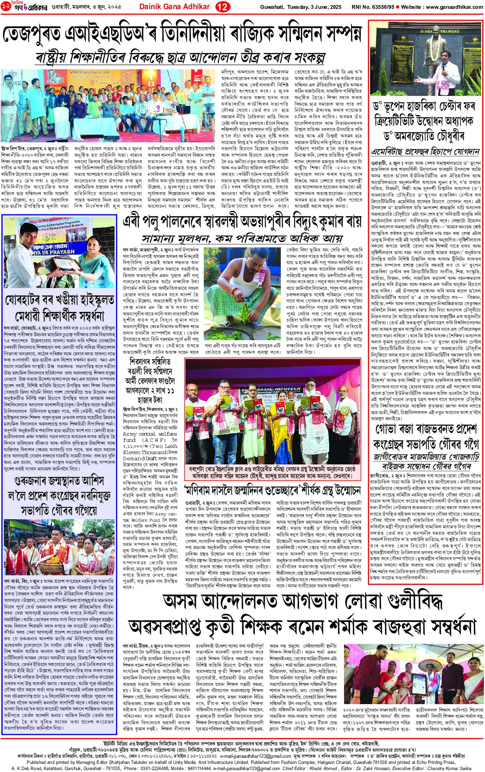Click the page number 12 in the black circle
point(221,7)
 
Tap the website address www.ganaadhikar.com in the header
point(454,7)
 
